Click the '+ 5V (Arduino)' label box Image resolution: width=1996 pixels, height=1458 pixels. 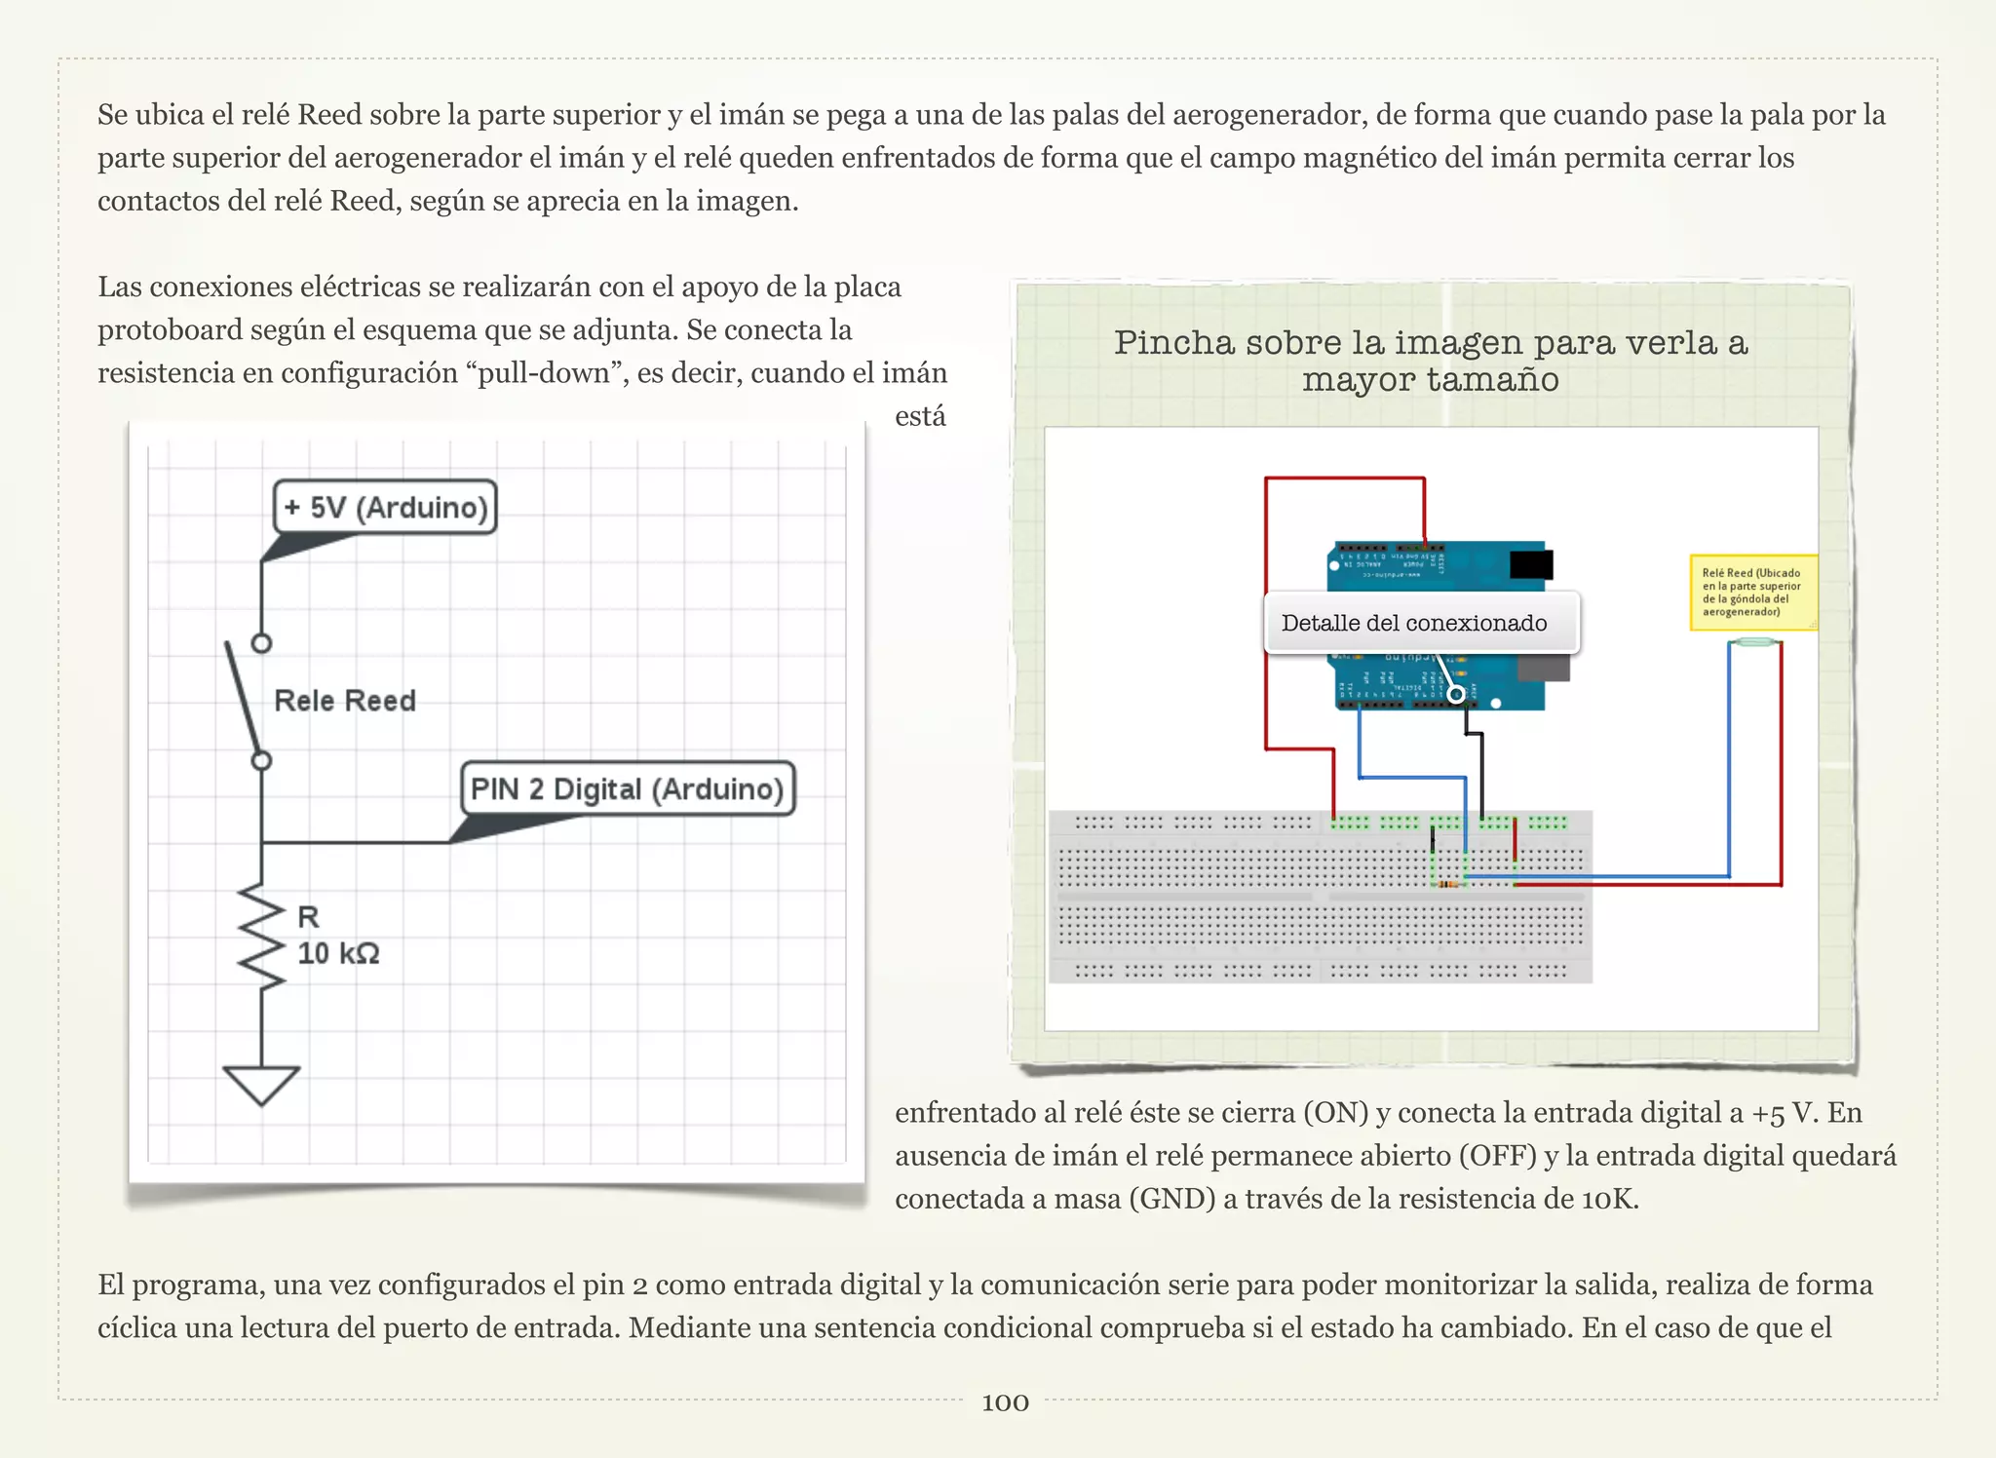(385, 507)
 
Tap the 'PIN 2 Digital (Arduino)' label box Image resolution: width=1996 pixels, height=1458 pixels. (628, 788)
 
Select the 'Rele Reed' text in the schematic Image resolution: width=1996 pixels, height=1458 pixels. (345, 701)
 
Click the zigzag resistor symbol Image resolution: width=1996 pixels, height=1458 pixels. (261, 936)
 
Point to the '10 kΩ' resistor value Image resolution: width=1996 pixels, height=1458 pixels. (338, 953)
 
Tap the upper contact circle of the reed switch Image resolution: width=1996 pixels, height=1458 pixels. (261, 643)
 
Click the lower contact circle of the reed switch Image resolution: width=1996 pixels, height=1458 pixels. (261, 760)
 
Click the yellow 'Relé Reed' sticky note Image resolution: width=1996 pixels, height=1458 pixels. (1752, 593)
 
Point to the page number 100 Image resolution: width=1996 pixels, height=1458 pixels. (1005, 1402)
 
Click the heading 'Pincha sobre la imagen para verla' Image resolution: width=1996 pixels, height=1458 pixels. (1430, 343)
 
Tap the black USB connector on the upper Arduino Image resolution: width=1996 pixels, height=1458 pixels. (1530, 564)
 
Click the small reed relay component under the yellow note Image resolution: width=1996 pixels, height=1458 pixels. (1756, 642)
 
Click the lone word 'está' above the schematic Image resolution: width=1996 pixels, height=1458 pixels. (920, 417)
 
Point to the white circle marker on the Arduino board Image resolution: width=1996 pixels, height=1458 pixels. (1456, 694)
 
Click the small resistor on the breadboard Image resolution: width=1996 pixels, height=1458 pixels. (1449, 884)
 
